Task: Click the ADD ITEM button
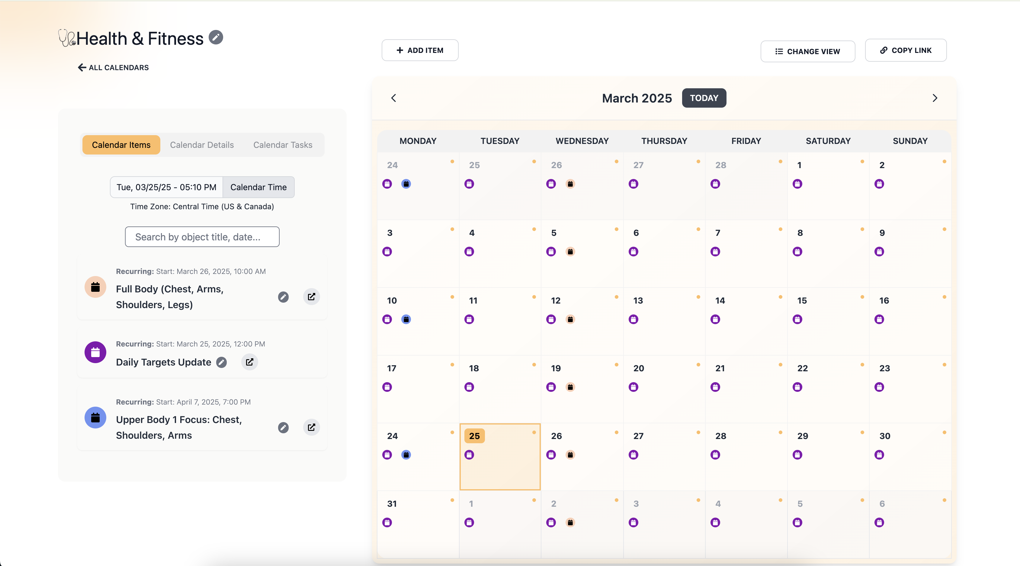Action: (420, 50)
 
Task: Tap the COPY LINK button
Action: (906, 50)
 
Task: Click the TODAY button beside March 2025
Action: (704, 98)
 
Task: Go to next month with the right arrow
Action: (935, 98)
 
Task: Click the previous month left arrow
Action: (393, 98)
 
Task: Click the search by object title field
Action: (202, 237)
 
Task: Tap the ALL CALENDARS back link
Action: (113, 67)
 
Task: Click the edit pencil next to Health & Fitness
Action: (216, 37)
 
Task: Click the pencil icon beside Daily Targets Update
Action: (221, 362)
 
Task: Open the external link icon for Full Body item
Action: (311, 297)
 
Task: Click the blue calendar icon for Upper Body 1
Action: (95, 417)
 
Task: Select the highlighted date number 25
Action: (474, 436)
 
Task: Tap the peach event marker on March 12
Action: (570, 319)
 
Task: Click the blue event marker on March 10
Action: (406, 319)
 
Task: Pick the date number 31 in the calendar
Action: (392, 504)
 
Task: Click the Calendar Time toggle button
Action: (258, 187)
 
